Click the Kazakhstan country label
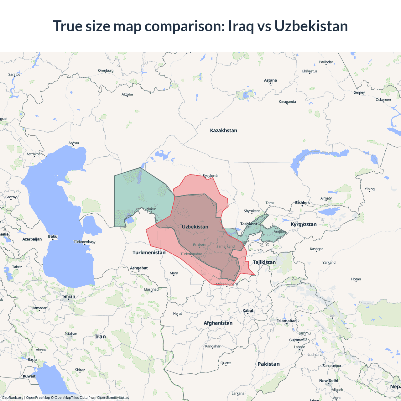coord(223,130)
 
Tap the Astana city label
coord(270,81)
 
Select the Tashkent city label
coord(248,224)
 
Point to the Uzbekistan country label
coord(195,227)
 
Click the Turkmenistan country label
coord(149,253)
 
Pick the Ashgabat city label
coord(139,268)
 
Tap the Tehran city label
coord(68,296)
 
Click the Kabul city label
coord(248,311)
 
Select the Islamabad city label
coord(287,321)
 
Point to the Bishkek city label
coord(302,203)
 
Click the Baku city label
coord(53,237)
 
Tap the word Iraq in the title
coord(241,26)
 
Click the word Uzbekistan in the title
coord(311,26)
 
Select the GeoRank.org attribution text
coord(13,398)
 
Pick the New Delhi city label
coord(329,381)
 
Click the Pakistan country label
coord(268,364)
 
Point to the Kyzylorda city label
coord(211,176)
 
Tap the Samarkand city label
coord(226,247)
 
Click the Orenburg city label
coord(106,70)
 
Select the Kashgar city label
coord(316,249)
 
